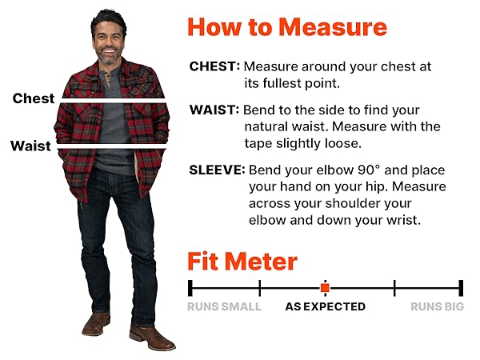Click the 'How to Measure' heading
point(286,28)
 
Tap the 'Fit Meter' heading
point(242,262)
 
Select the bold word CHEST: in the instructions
point(214,66)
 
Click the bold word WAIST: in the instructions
point(214,110)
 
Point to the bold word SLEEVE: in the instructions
point(217,170)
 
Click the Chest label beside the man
point(34,98)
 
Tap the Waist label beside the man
point(30,146)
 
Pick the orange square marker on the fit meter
point(325,287)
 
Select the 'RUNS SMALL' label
point(224,306)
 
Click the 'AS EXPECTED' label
point(325,306)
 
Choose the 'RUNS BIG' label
point(437,306)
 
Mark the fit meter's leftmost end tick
point(190,287)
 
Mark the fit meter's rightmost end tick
point(461,287)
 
